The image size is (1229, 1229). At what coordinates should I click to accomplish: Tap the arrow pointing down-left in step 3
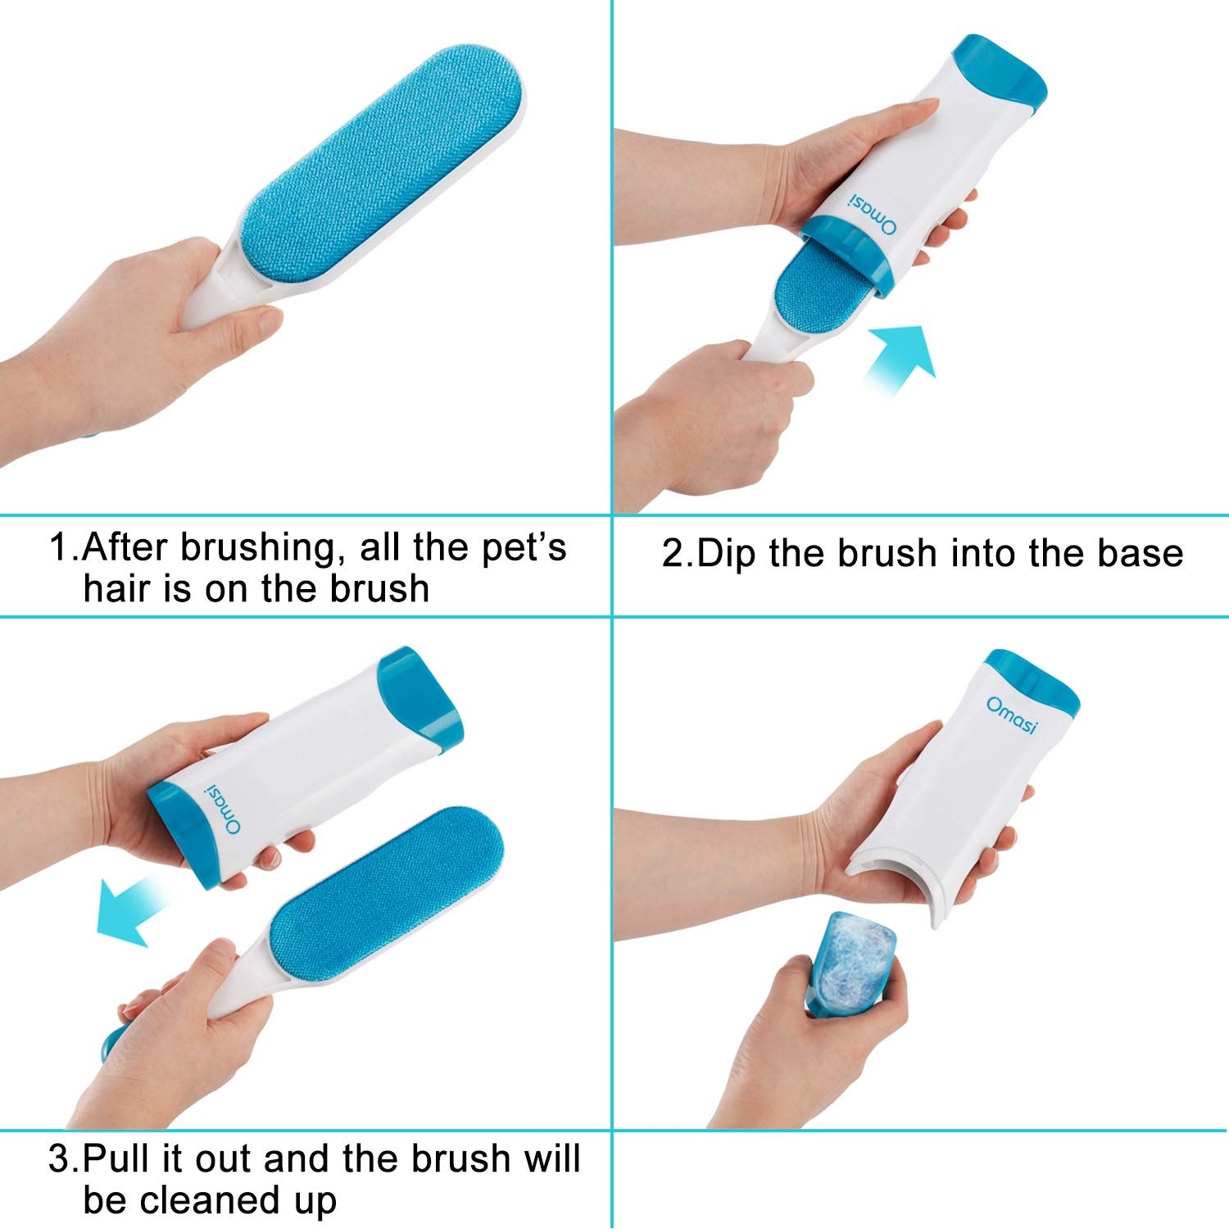(134, 909)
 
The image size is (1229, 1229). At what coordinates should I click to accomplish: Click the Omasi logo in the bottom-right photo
(1012, 715)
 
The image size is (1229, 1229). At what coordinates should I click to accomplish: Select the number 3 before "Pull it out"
(61, 1159)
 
